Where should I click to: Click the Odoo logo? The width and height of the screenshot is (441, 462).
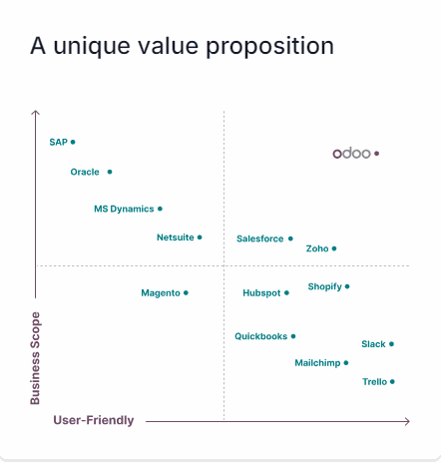pos(351,154)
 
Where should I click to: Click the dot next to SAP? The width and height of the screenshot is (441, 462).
pos(73,142)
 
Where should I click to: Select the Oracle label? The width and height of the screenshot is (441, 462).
pos(85,172)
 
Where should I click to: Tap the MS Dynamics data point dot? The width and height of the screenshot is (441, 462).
pos(160,209)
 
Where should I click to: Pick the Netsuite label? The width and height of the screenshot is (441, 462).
pos(175,237)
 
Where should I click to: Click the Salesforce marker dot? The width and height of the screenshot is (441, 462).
pos(290,238)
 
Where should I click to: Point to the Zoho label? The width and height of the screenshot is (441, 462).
pos(317,248)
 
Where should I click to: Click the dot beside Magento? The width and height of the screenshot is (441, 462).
pos(186,292)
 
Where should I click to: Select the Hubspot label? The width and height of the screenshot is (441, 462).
pos(261,293)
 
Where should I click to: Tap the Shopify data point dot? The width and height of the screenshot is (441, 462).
pos(347,286)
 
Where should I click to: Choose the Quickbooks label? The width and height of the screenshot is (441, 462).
pos(260,336)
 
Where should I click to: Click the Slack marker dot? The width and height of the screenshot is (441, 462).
pos(391,343)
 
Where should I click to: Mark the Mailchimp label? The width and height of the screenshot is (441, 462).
pos(316,363)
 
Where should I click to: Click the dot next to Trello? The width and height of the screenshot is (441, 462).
pos(392,381)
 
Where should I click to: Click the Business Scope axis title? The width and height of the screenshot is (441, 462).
pos(36,358)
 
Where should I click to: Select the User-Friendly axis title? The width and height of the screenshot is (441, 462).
pos(93,421)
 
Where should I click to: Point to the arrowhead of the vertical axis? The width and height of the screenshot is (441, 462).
pos(36,113)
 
